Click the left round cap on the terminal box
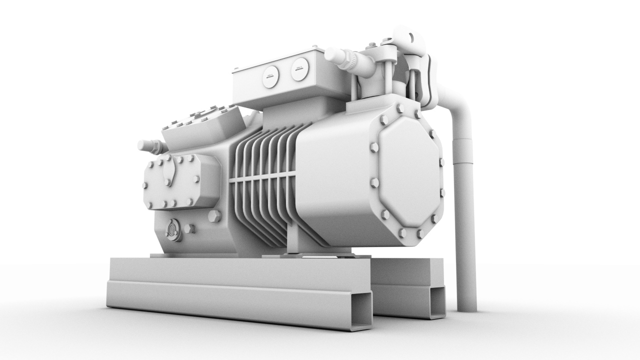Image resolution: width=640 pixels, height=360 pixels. tap(270, 77)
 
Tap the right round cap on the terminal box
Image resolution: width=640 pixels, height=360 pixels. tap(299, 69)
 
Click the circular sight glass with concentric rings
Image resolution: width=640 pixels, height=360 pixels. tap(173, 230)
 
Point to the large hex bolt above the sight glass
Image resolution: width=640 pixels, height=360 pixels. tap(213, 216)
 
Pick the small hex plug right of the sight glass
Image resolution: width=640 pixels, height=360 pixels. tap(188, 229)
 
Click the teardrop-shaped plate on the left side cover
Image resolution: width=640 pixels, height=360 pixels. tap(169, 173)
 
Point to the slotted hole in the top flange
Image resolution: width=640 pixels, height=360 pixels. tap(411, 37)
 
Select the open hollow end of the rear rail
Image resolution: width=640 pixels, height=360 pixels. tap(437, 302)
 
